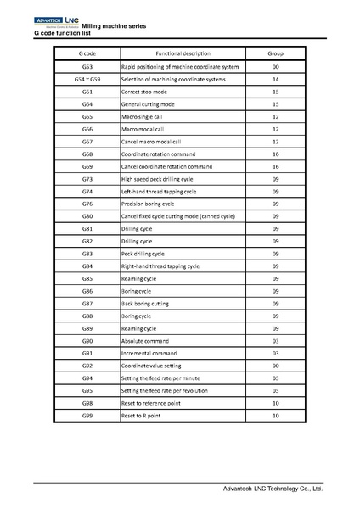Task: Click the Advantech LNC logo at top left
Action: [x=55, y=19]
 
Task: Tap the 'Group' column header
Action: [x=275, y=53]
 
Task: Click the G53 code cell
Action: [x=87, y=65]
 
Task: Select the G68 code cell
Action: [x=87, y=154]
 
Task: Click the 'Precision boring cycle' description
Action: [x=148, y=204]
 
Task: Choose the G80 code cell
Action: [x=87, y=217]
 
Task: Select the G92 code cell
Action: [x=87, y=365]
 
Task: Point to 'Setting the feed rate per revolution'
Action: [x=165, y=390]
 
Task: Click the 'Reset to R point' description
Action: [x=143, y=416]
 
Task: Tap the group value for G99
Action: [x=275, y=416]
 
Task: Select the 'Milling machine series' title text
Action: [x=113, y=26]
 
